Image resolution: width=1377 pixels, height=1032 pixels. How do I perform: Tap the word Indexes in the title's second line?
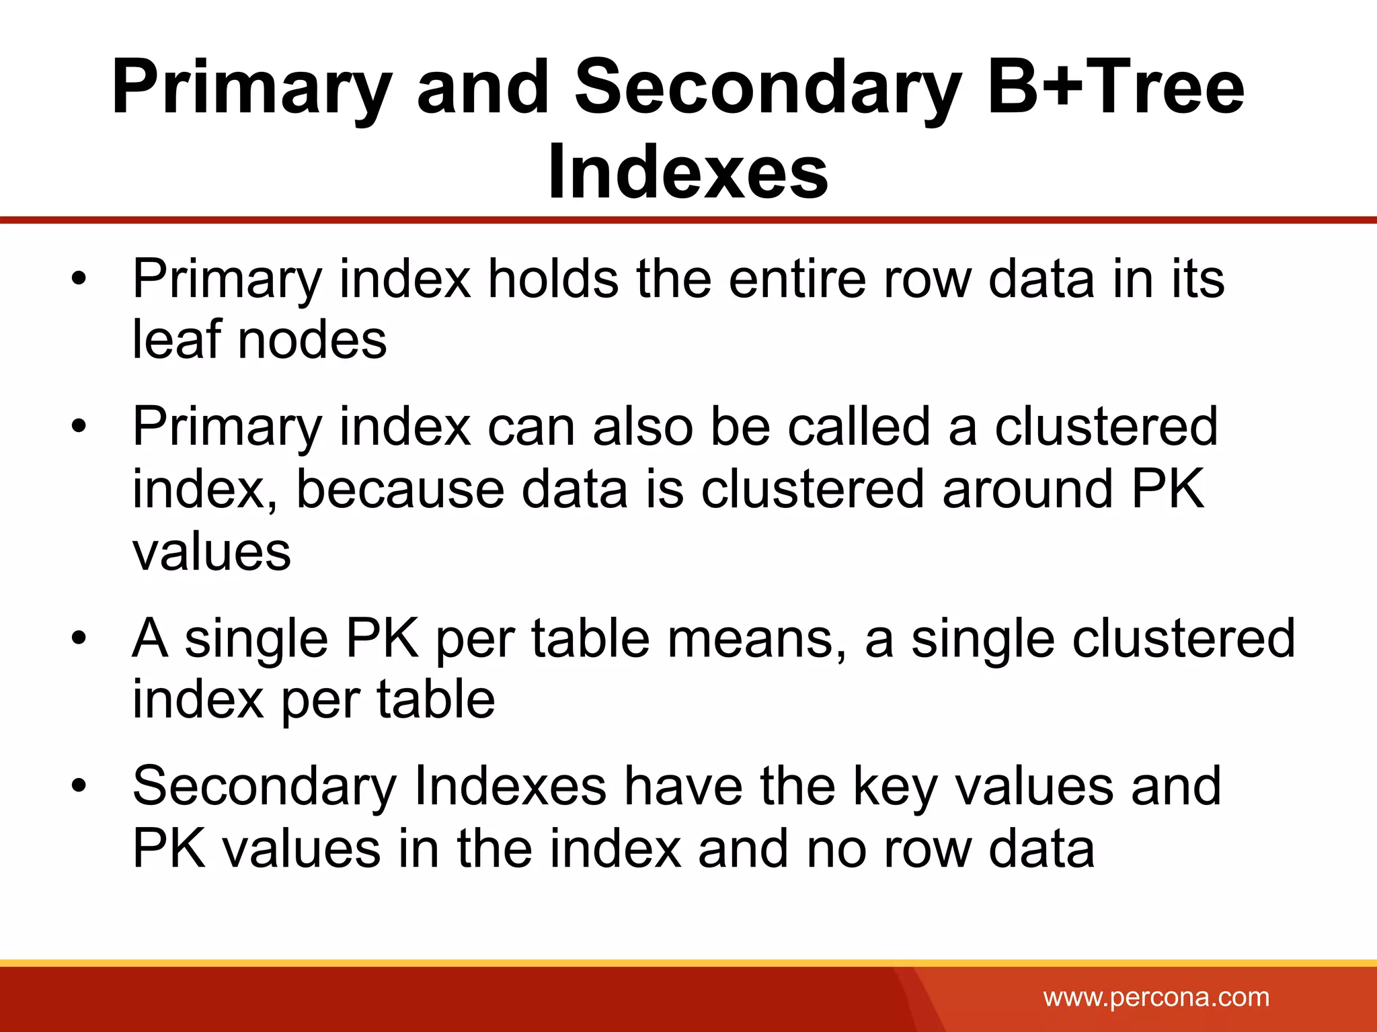pos(688,173)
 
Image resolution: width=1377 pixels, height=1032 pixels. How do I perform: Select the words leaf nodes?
pos(260,339)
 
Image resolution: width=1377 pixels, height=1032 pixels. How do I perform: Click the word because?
pos(400,488)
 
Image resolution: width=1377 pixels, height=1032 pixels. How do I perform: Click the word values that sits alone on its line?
pos(212,552)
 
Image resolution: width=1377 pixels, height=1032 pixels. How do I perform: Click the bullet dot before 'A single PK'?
pos(79,638)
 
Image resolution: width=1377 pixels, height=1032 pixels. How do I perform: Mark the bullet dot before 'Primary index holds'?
pos(79,278)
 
